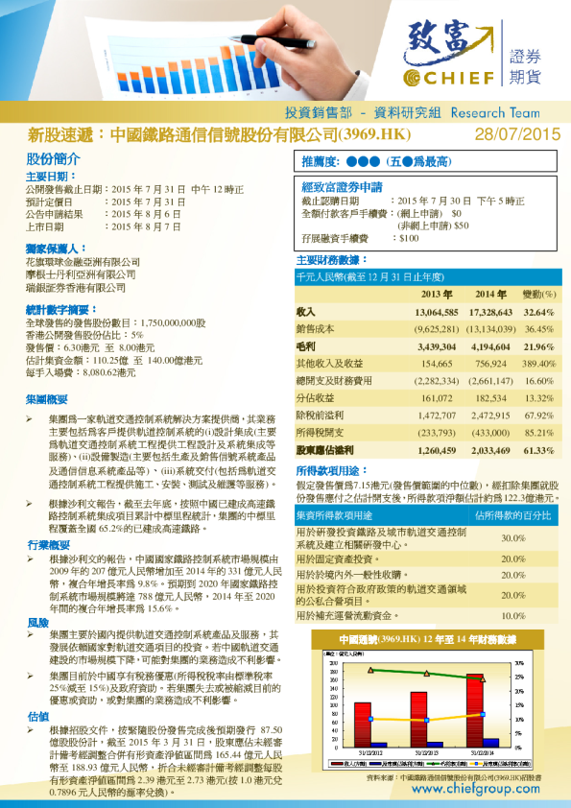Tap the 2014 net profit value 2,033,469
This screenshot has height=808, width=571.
491,449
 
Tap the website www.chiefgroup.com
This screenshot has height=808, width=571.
479,788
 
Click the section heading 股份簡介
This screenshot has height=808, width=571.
47,158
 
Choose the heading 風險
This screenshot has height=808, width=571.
37,622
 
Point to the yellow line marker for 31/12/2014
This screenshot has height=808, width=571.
483,714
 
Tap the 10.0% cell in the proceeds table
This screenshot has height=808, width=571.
513,615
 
